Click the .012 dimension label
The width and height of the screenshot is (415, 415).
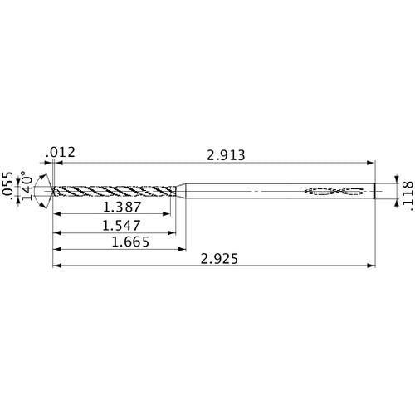pyautogui.click(x=62, y=151)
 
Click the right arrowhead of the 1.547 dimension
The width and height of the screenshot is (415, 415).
pyautogui.click(x=175, y=232)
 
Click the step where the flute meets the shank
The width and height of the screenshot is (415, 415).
pyautogui.click(x=180, y=191)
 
